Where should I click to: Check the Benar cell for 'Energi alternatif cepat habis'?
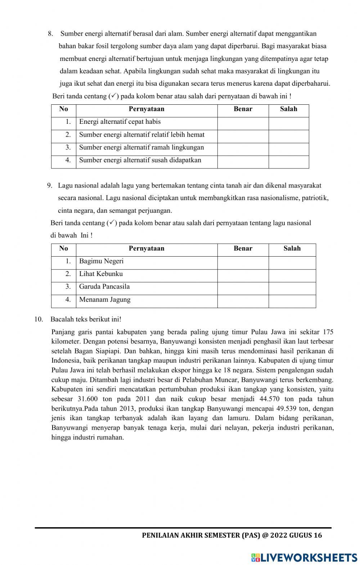coord(243,123)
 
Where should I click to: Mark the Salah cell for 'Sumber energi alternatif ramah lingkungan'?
coord(289,149)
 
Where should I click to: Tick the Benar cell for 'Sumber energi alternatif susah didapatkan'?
coord(243,162)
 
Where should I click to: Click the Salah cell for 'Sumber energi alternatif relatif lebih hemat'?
coord(289,136)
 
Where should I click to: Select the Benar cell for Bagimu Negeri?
coord(243,263)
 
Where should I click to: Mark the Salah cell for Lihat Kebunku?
coord(292,276)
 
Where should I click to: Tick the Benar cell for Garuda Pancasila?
coord(243,288)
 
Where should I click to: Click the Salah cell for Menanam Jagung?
coord(292,301)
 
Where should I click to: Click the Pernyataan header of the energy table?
coord(147,109)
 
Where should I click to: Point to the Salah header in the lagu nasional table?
coord(292,248)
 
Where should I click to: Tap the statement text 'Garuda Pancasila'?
coord(104,287)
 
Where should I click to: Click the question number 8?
coord(50,34)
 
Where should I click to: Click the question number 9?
coord(50,186)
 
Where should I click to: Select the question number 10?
coord(39,319)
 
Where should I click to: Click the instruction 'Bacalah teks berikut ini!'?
coord(86,319)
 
